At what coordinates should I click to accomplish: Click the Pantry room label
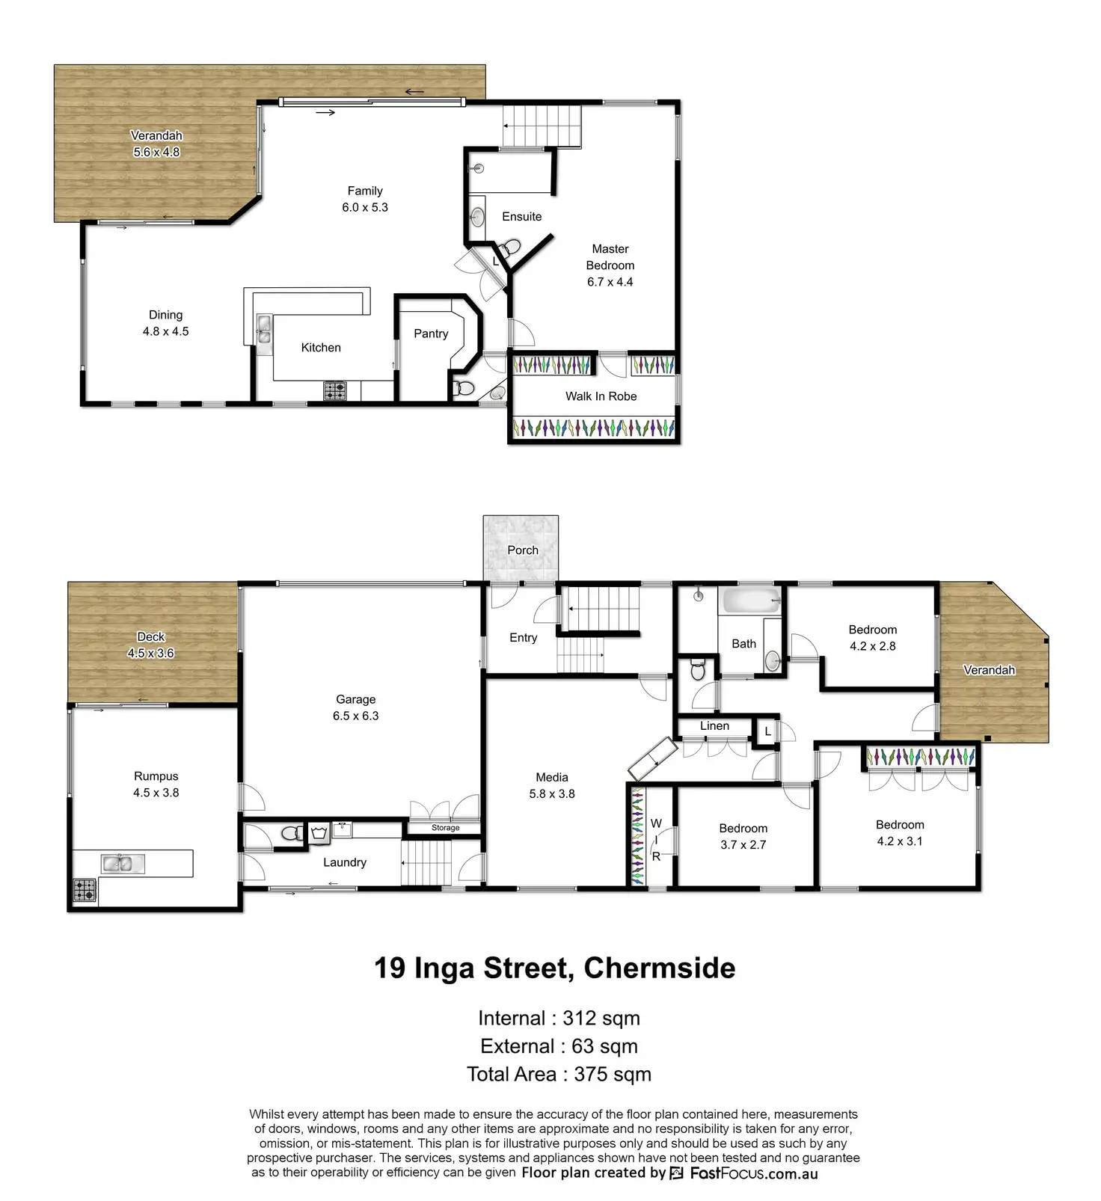[x=431, y=334]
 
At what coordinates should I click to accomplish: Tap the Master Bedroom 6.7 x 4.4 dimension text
[x=610, y=282]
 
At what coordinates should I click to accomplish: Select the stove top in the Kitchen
[x=335, y=390]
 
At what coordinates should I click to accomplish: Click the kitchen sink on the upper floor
[x=264, y=328]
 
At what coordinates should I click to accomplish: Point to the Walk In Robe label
[x=601, y=396]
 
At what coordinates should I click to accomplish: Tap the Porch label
[x=523, y=550]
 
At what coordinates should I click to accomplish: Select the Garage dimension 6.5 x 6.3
[x=356, y=716]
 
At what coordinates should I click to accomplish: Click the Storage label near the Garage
[x=445, y=828]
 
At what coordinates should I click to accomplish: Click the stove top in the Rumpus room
[x=85, y=890]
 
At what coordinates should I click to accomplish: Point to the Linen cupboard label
[x=714, y=726]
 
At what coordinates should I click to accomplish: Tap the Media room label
[x=552, y=778]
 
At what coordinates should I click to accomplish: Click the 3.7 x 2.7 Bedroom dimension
[x=743, y=845]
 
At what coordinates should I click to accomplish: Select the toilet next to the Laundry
[x=292, y=832]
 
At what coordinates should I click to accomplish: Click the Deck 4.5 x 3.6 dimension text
[x=150, y=653]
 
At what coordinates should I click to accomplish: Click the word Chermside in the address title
[x=660, y=968]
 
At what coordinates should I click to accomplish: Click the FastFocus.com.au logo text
[x=754, y=1173]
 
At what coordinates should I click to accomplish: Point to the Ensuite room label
[x=522, y=217]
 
